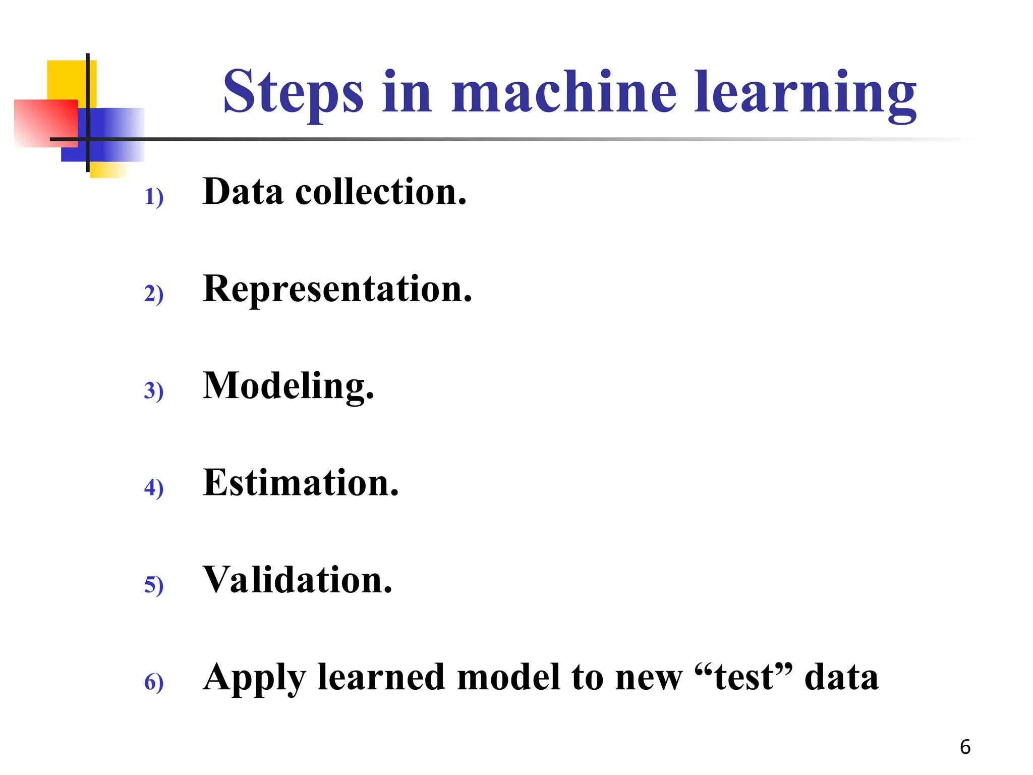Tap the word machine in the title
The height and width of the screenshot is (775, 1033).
pyautogui.click(x=564, y=92)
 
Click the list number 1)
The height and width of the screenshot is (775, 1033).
pyautogui.click(x=154, y=197)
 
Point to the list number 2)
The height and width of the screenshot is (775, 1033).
pyautogui.click(x=154, y=294)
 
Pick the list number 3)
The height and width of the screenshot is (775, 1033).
pyautogui.click(x=154, y=391)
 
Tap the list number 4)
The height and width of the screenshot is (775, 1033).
pyautogui.click(x=154, y=487)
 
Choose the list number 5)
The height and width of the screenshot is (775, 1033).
pyautogui.click(x=154, y=585)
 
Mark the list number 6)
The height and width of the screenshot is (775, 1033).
pyautogui.click(x=154, y=682)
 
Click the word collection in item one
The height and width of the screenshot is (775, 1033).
pyautogui.click(x=381, y=192)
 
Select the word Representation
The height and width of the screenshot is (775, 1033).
pyautogui.click(x=337, y=289)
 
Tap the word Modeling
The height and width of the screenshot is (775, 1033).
pyautogui.click(x=289, y=387)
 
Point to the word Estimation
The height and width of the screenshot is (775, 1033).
pyautogui.click(x=301, y=483)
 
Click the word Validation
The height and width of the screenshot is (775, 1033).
pyautogui.click(x=298, y=580)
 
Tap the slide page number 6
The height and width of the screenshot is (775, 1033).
pyautogui.click(x=965, y=747)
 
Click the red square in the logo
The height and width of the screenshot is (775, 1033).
pyautogui.click(x=45, y=123)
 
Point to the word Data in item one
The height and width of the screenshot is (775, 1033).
pyautogui.click(x=243, y=192)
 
